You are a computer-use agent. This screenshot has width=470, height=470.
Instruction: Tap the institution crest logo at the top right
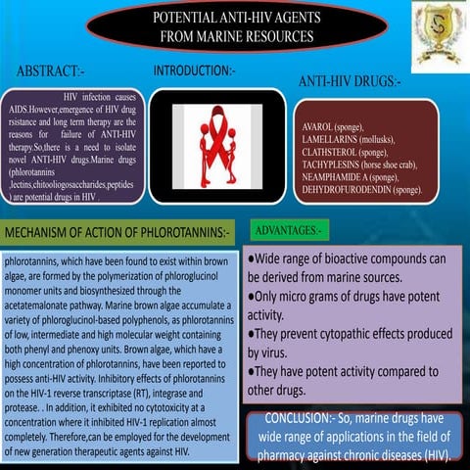point(434,31)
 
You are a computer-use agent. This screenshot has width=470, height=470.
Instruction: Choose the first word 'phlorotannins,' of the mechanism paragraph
point(31,263)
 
